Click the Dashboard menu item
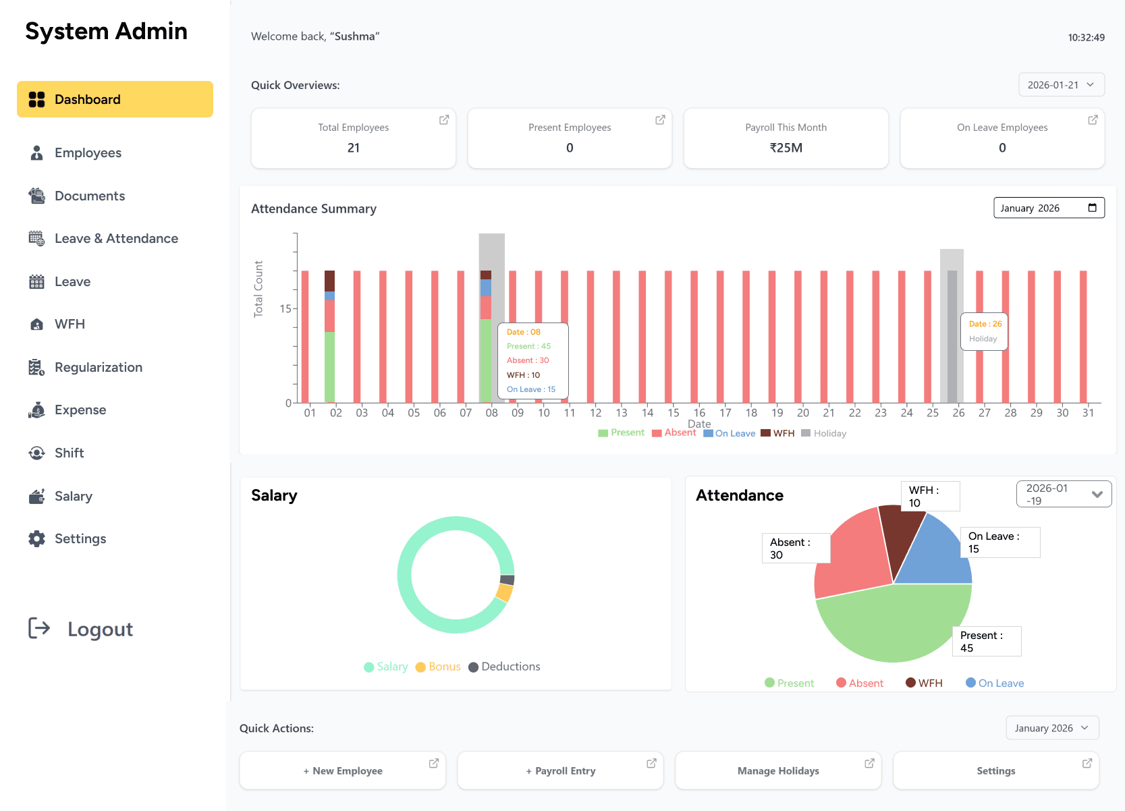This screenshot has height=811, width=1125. tap(115, 99)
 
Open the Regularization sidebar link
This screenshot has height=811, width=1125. tap(98, 367)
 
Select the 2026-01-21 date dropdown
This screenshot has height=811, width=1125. tap(1061, 85)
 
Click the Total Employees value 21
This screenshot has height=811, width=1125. tap(354, 148)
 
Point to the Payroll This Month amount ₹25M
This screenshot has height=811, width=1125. tap(786, 148)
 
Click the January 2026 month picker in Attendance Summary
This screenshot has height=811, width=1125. tap(1048, 208)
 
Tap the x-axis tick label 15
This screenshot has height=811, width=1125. tap(674, 413)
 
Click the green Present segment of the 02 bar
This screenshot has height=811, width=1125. tap(329, 368)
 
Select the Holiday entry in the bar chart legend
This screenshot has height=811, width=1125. tap(824, 433)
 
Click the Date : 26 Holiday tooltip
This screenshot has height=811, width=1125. tap(984, 331)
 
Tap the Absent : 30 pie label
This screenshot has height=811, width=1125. tap(796, 549)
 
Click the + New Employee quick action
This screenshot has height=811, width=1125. tap(343, 771)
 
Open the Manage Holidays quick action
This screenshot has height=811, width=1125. tap(778, 771)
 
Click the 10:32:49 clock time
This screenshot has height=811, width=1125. tap(1086, 38)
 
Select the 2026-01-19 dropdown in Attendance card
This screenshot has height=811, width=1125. tap(1064, 494)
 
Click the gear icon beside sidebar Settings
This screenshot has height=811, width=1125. tap(36, 538)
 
